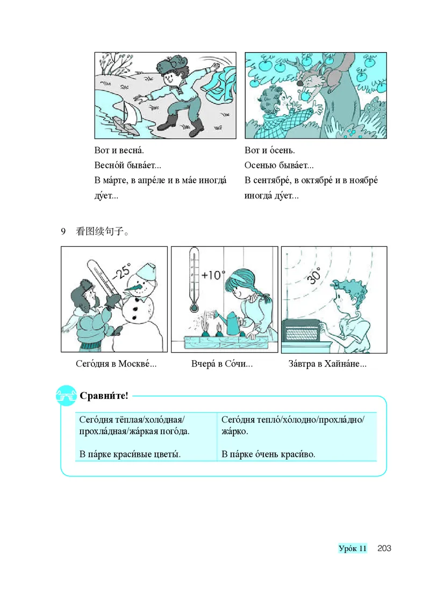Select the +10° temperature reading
pos(213,275)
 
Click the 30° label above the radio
pos(314,276)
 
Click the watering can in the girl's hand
pos(232,322)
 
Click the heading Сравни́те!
pos(104,397)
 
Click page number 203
pos(384,548)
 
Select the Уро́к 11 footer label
pos(353,548)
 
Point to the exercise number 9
pos(63,232)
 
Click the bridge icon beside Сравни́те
pos(67,397)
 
